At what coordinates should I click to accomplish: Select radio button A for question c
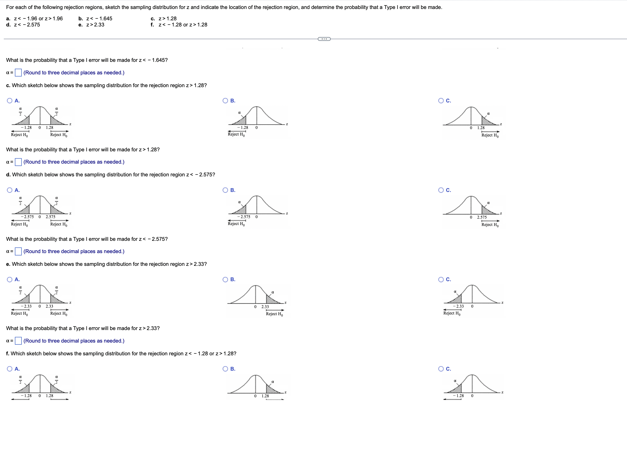click(10, 101)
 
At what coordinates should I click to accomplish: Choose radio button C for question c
click(441, 101)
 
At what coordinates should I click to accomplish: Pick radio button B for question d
click(225, 190)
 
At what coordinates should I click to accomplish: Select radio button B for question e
click(225, 280)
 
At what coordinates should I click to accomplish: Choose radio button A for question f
click(10, 369)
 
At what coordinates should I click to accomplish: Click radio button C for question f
click(441, 369)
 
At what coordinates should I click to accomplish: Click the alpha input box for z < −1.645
click(18, 73)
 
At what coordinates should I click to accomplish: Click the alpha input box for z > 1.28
click(18, 162)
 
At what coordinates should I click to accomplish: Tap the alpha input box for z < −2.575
click(18, 251)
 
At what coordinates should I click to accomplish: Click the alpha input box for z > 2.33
click(18, 341)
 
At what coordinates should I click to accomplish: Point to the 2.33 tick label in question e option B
click(265, 307)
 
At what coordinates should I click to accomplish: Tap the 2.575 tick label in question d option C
click(482, 217)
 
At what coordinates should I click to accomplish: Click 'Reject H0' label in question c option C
click(490, 135)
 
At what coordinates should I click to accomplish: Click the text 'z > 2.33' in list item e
click(95, 25)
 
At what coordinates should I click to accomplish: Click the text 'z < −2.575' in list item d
click(27, 25)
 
